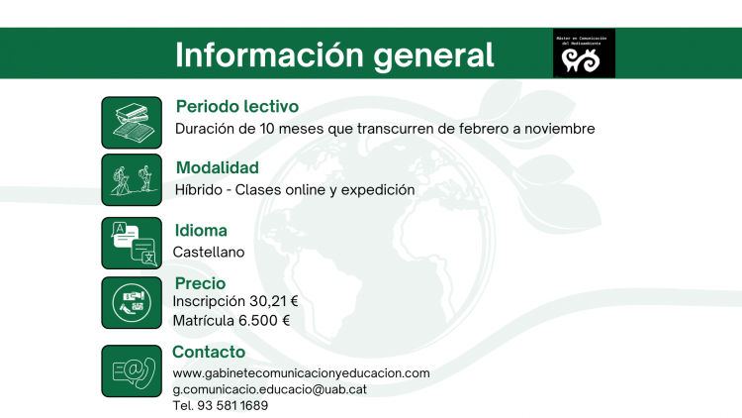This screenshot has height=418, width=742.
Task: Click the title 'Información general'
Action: [334, 55]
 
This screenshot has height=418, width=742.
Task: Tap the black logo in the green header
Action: [584, 53]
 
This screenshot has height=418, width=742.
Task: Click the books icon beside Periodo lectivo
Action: [132, 123]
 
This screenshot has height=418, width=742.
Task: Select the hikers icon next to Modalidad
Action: [132, 179]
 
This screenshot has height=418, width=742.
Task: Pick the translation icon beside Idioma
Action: [132, 243]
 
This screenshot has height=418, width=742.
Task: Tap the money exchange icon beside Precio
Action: [132, 303]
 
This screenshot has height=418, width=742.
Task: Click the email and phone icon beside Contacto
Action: [132, 371]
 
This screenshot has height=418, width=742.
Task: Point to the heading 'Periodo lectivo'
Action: [237, 106]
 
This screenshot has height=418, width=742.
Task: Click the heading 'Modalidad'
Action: [218, 167]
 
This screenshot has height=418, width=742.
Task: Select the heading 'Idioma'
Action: [201, 231]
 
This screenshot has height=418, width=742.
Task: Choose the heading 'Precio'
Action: [200, 283]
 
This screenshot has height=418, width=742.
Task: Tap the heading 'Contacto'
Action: [209, 352]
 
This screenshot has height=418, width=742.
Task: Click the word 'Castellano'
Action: [209, 253]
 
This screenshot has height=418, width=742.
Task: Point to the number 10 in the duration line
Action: [267, 129]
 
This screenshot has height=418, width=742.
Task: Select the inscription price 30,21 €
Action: [273, 301]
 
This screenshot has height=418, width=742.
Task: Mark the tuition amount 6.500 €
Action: [264, 321]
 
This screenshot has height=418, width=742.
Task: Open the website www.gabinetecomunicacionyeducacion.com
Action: [302, 373]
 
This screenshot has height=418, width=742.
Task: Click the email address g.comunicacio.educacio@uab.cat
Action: [270, 389]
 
